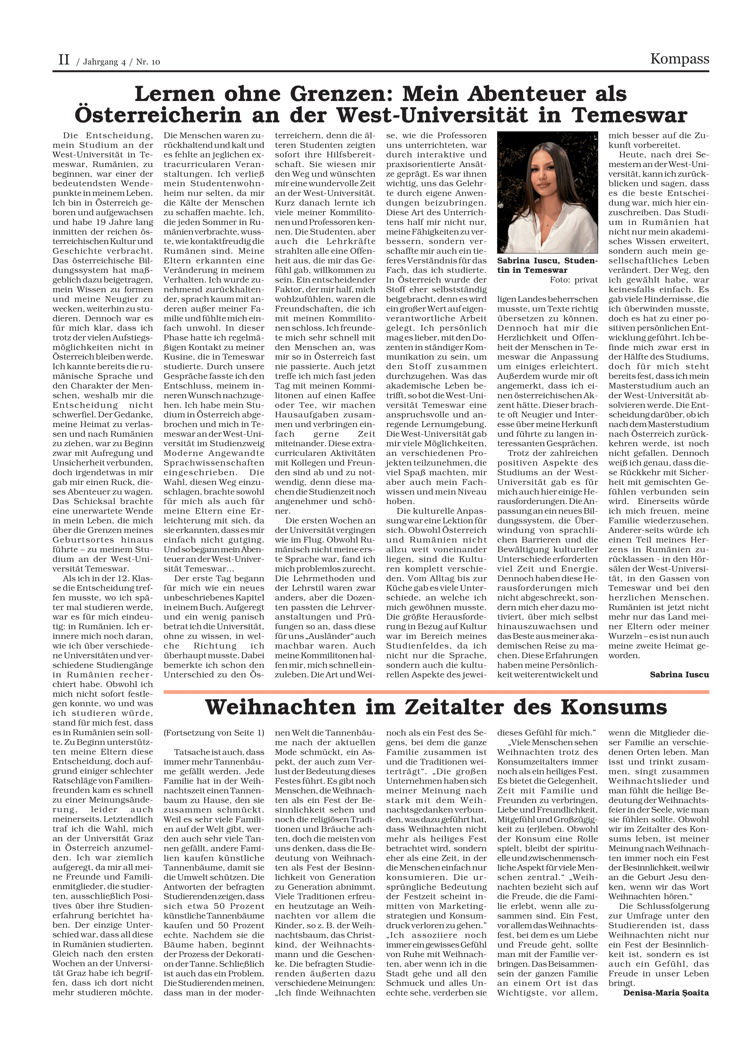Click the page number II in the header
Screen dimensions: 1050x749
pos(64,60)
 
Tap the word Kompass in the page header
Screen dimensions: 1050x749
pos(679,59)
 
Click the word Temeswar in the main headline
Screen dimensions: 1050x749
pos(629,115)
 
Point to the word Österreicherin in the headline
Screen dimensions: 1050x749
pos(158,115)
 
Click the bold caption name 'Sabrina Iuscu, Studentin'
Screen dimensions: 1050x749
pos(547,265)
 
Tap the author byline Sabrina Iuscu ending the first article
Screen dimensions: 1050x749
pos(679,675)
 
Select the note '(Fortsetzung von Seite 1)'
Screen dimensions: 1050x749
pos(214,733)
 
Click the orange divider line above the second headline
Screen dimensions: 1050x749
pos(436,692)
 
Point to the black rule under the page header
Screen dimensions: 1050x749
pos(380,71)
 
